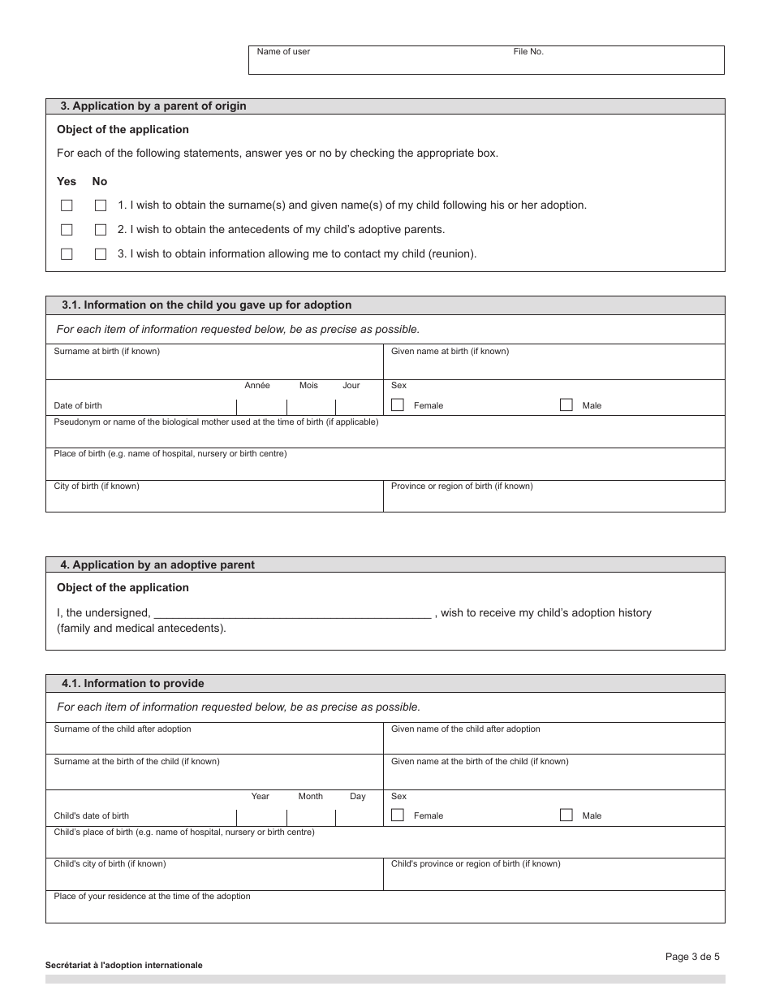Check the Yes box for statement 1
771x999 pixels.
coord(67,205)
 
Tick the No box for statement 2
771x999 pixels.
coord(101,230)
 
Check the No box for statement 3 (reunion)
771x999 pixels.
coord(101,254)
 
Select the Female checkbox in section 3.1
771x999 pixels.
coord(398,404)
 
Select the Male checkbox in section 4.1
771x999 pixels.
coord(566,815)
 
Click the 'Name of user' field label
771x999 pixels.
coord(283,52)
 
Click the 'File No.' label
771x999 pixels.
coord(528,52)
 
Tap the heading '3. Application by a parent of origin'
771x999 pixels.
coord(153,106)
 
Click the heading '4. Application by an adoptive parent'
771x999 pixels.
coord(157,564)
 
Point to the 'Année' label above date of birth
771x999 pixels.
coord(257,386)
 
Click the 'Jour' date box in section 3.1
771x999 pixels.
coord(358,406)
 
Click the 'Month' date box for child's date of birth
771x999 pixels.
coord(310,816)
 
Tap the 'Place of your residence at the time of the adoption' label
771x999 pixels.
coord(152,897)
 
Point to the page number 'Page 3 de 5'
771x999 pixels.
coord(692,957)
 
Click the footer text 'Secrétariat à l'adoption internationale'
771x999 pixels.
coord(124,966)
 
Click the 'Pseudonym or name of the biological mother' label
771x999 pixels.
coord(216,422)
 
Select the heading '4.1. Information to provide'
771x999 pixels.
coord(132,684)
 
